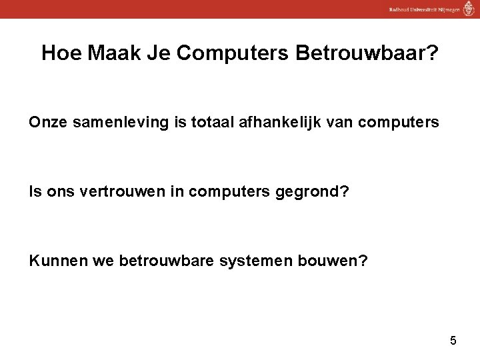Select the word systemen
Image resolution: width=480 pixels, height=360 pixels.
click(256, 259)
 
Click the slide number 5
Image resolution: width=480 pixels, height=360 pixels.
click(453, 341)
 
